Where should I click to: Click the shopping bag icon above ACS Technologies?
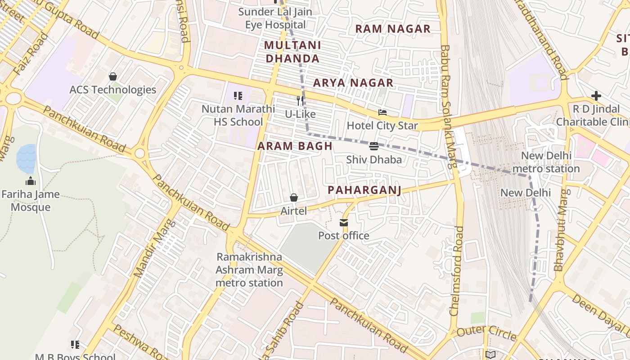113,76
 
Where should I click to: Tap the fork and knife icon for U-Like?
298,101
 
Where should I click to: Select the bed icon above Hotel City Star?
382,112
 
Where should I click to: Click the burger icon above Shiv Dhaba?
374,146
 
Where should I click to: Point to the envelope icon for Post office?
344,222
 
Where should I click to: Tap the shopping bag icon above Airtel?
294,198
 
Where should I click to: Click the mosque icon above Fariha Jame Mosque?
31,181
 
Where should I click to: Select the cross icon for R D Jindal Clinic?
596,96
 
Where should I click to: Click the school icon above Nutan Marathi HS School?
238,95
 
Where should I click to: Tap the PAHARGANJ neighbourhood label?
364,190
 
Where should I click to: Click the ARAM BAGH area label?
295,146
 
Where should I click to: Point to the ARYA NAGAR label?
353,83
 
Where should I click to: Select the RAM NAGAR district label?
392,29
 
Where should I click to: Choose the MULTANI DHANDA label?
292,52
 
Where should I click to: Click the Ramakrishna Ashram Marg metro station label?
249,270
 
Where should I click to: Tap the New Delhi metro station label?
546,162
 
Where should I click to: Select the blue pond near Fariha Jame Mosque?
26,158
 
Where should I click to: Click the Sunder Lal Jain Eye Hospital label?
275,18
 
